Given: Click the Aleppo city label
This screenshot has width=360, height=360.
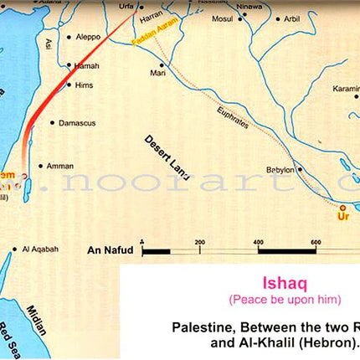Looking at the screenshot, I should [90, 39].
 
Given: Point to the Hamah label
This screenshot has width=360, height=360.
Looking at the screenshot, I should [86, 65].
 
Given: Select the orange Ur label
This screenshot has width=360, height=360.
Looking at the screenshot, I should [342, 217].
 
